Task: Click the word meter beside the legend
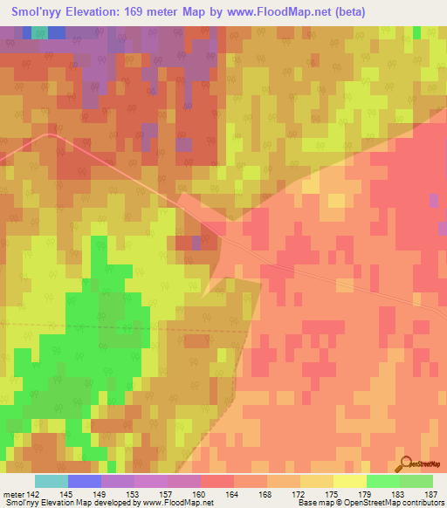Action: [13, 495]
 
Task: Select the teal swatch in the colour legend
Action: [52, 481]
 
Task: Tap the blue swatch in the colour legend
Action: [85, 481]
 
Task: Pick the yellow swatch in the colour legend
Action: [349, 481]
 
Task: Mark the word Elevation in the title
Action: [92, 11]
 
